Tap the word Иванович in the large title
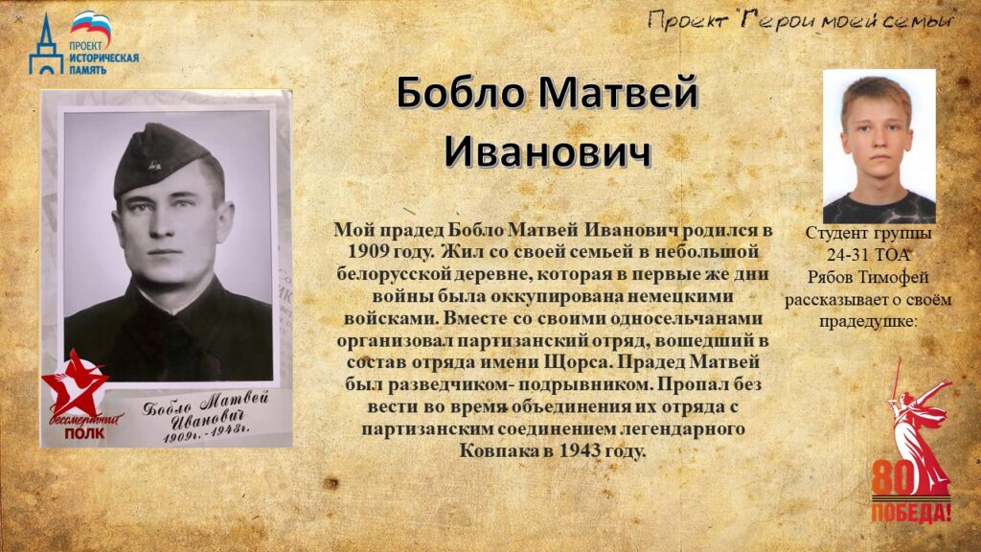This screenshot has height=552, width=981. coord(548,151)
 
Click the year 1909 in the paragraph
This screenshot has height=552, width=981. coord(368,252)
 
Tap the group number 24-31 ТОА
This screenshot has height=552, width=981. coord(868,255)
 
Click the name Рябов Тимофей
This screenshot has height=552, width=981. coord(868,277)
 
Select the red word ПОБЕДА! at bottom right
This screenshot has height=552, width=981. coord(911,512)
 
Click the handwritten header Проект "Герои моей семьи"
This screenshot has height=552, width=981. coord(801,21)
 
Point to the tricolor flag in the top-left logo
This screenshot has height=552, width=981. coord(91,26)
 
